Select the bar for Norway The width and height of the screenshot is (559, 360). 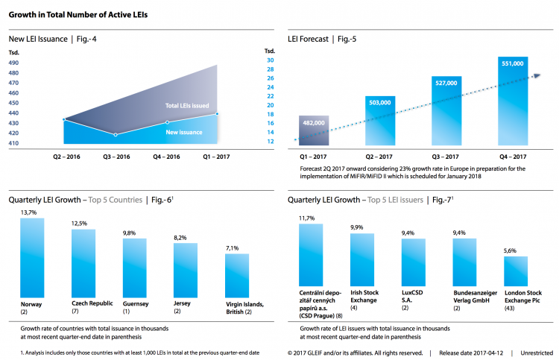32,258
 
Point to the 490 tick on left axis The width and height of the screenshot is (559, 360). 14,63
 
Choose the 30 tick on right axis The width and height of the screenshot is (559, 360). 271,60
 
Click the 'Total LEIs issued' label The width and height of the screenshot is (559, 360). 187,107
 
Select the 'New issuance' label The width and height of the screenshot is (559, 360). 184,132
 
